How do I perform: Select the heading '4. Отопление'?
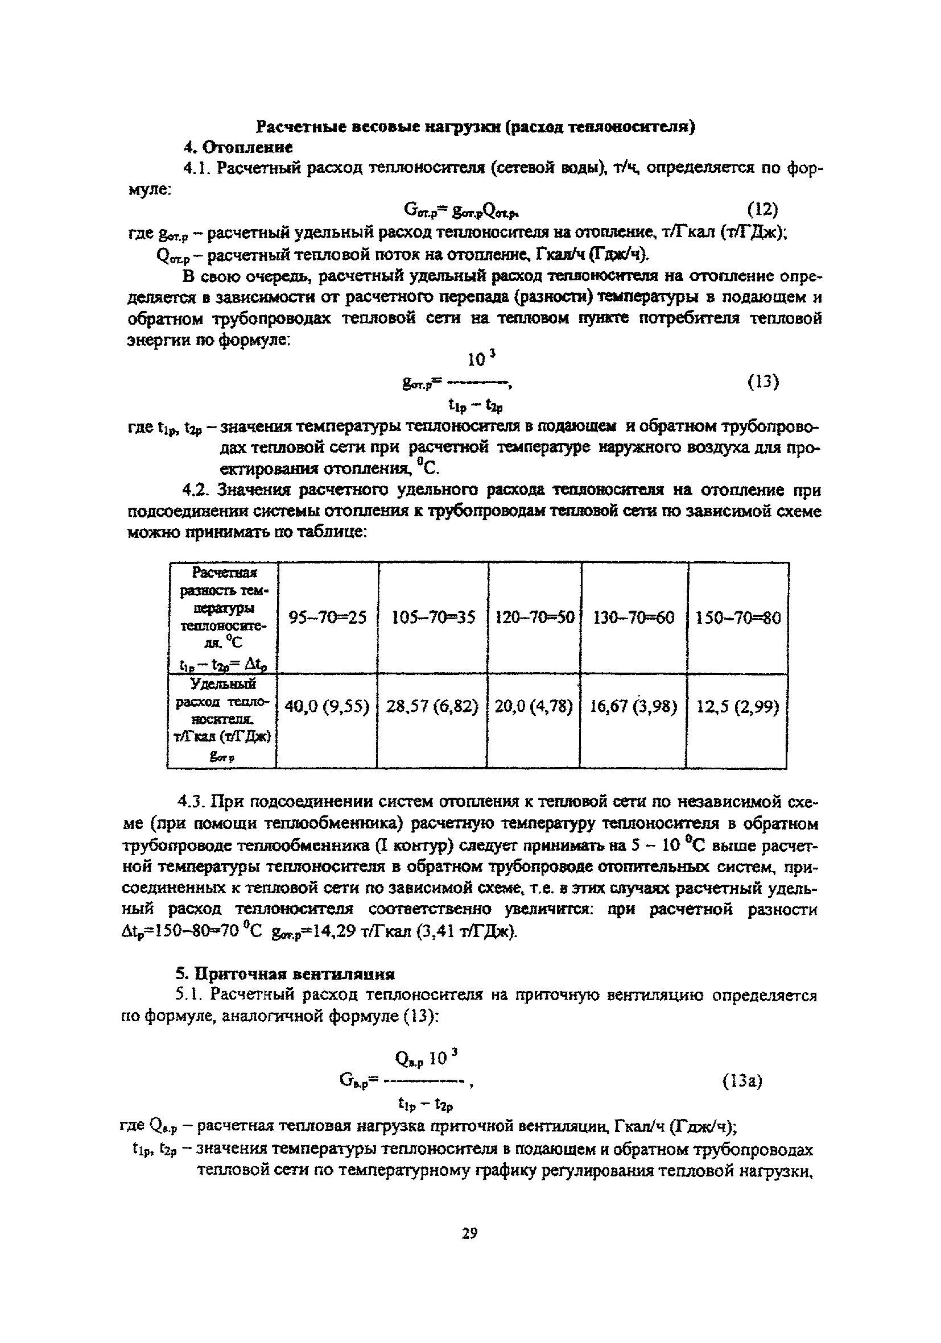click(x=238, y=147)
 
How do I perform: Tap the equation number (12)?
click(x=763, y=209)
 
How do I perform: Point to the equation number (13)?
click(x=763, y=382)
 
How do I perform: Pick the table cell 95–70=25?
click(x=328, y=617)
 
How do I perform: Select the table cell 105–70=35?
click(x=433, y=617)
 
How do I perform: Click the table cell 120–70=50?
click(x=534, y=617)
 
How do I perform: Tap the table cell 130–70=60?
click(x=634, y=617)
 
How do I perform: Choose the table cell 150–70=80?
click(x=738, y=617)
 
